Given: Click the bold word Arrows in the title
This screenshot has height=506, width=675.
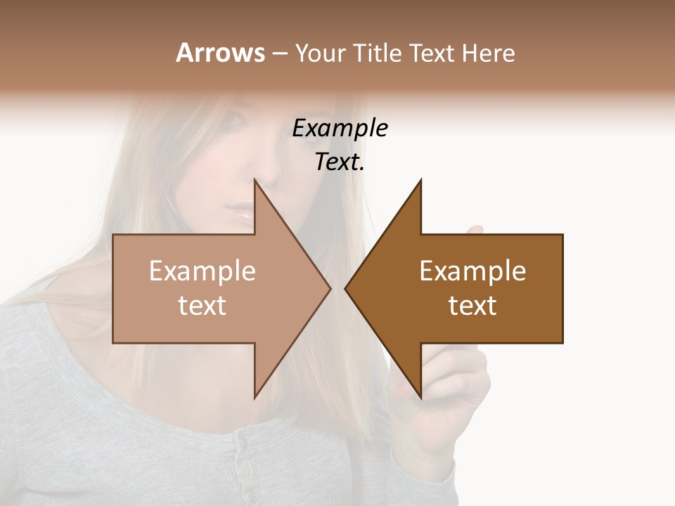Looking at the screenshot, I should (220, 53).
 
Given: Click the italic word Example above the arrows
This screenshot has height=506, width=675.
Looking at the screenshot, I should (340, 128).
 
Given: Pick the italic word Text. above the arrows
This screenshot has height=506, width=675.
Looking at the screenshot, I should (340, 162).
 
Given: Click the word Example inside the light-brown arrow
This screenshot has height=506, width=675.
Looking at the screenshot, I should (202, 271).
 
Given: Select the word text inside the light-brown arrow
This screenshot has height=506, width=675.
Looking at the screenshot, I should (202, 306).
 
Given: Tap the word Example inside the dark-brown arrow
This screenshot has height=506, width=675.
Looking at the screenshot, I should (472, 271).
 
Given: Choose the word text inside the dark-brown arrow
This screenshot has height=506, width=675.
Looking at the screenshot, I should (472, 306).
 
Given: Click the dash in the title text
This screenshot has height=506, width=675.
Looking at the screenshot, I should (279, 53).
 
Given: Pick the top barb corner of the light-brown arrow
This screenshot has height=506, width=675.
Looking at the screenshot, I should (255, 181).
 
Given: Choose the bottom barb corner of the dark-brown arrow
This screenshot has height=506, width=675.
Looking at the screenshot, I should (420, 398).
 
